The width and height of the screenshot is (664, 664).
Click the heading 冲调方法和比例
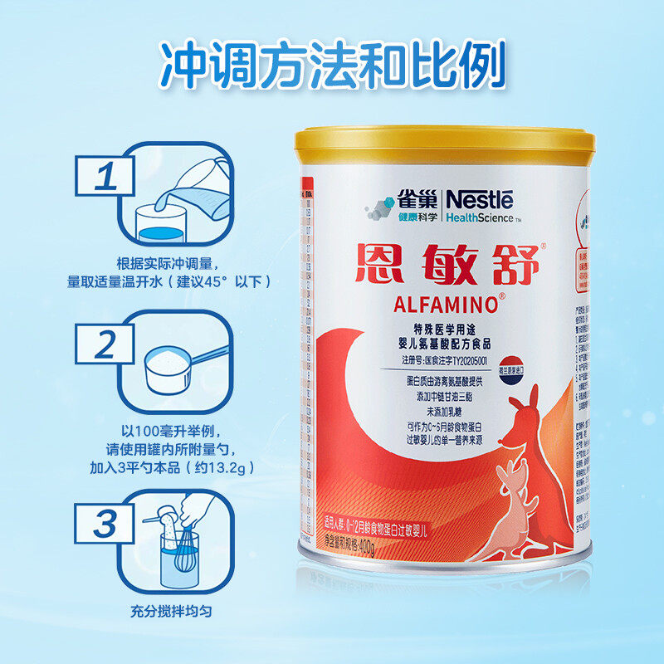(332, 62)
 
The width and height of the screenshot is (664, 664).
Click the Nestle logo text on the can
(481, 199)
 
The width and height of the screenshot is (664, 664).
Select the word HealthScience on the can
(479, 218)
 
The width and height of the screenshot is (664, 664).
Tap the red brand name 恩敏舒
(449, 264)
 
